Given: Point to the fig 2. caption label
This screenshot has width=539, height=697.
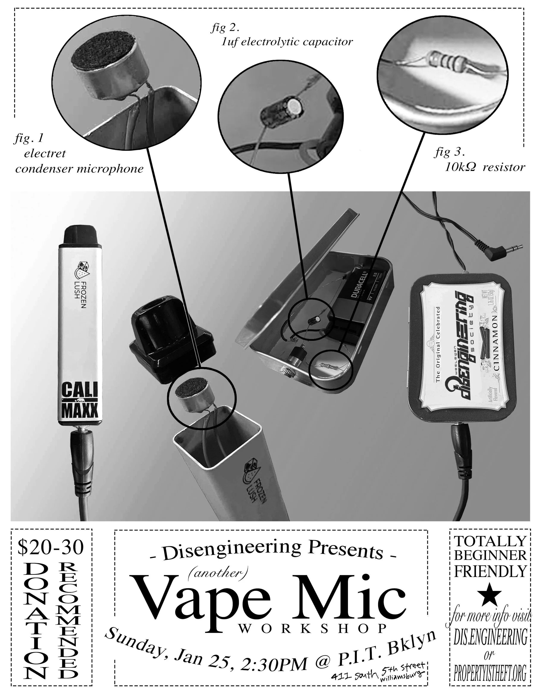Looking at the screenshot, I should [225, 28].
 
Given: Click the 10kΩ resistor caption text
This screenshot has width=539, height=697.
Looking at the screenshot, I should [485, 168].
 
